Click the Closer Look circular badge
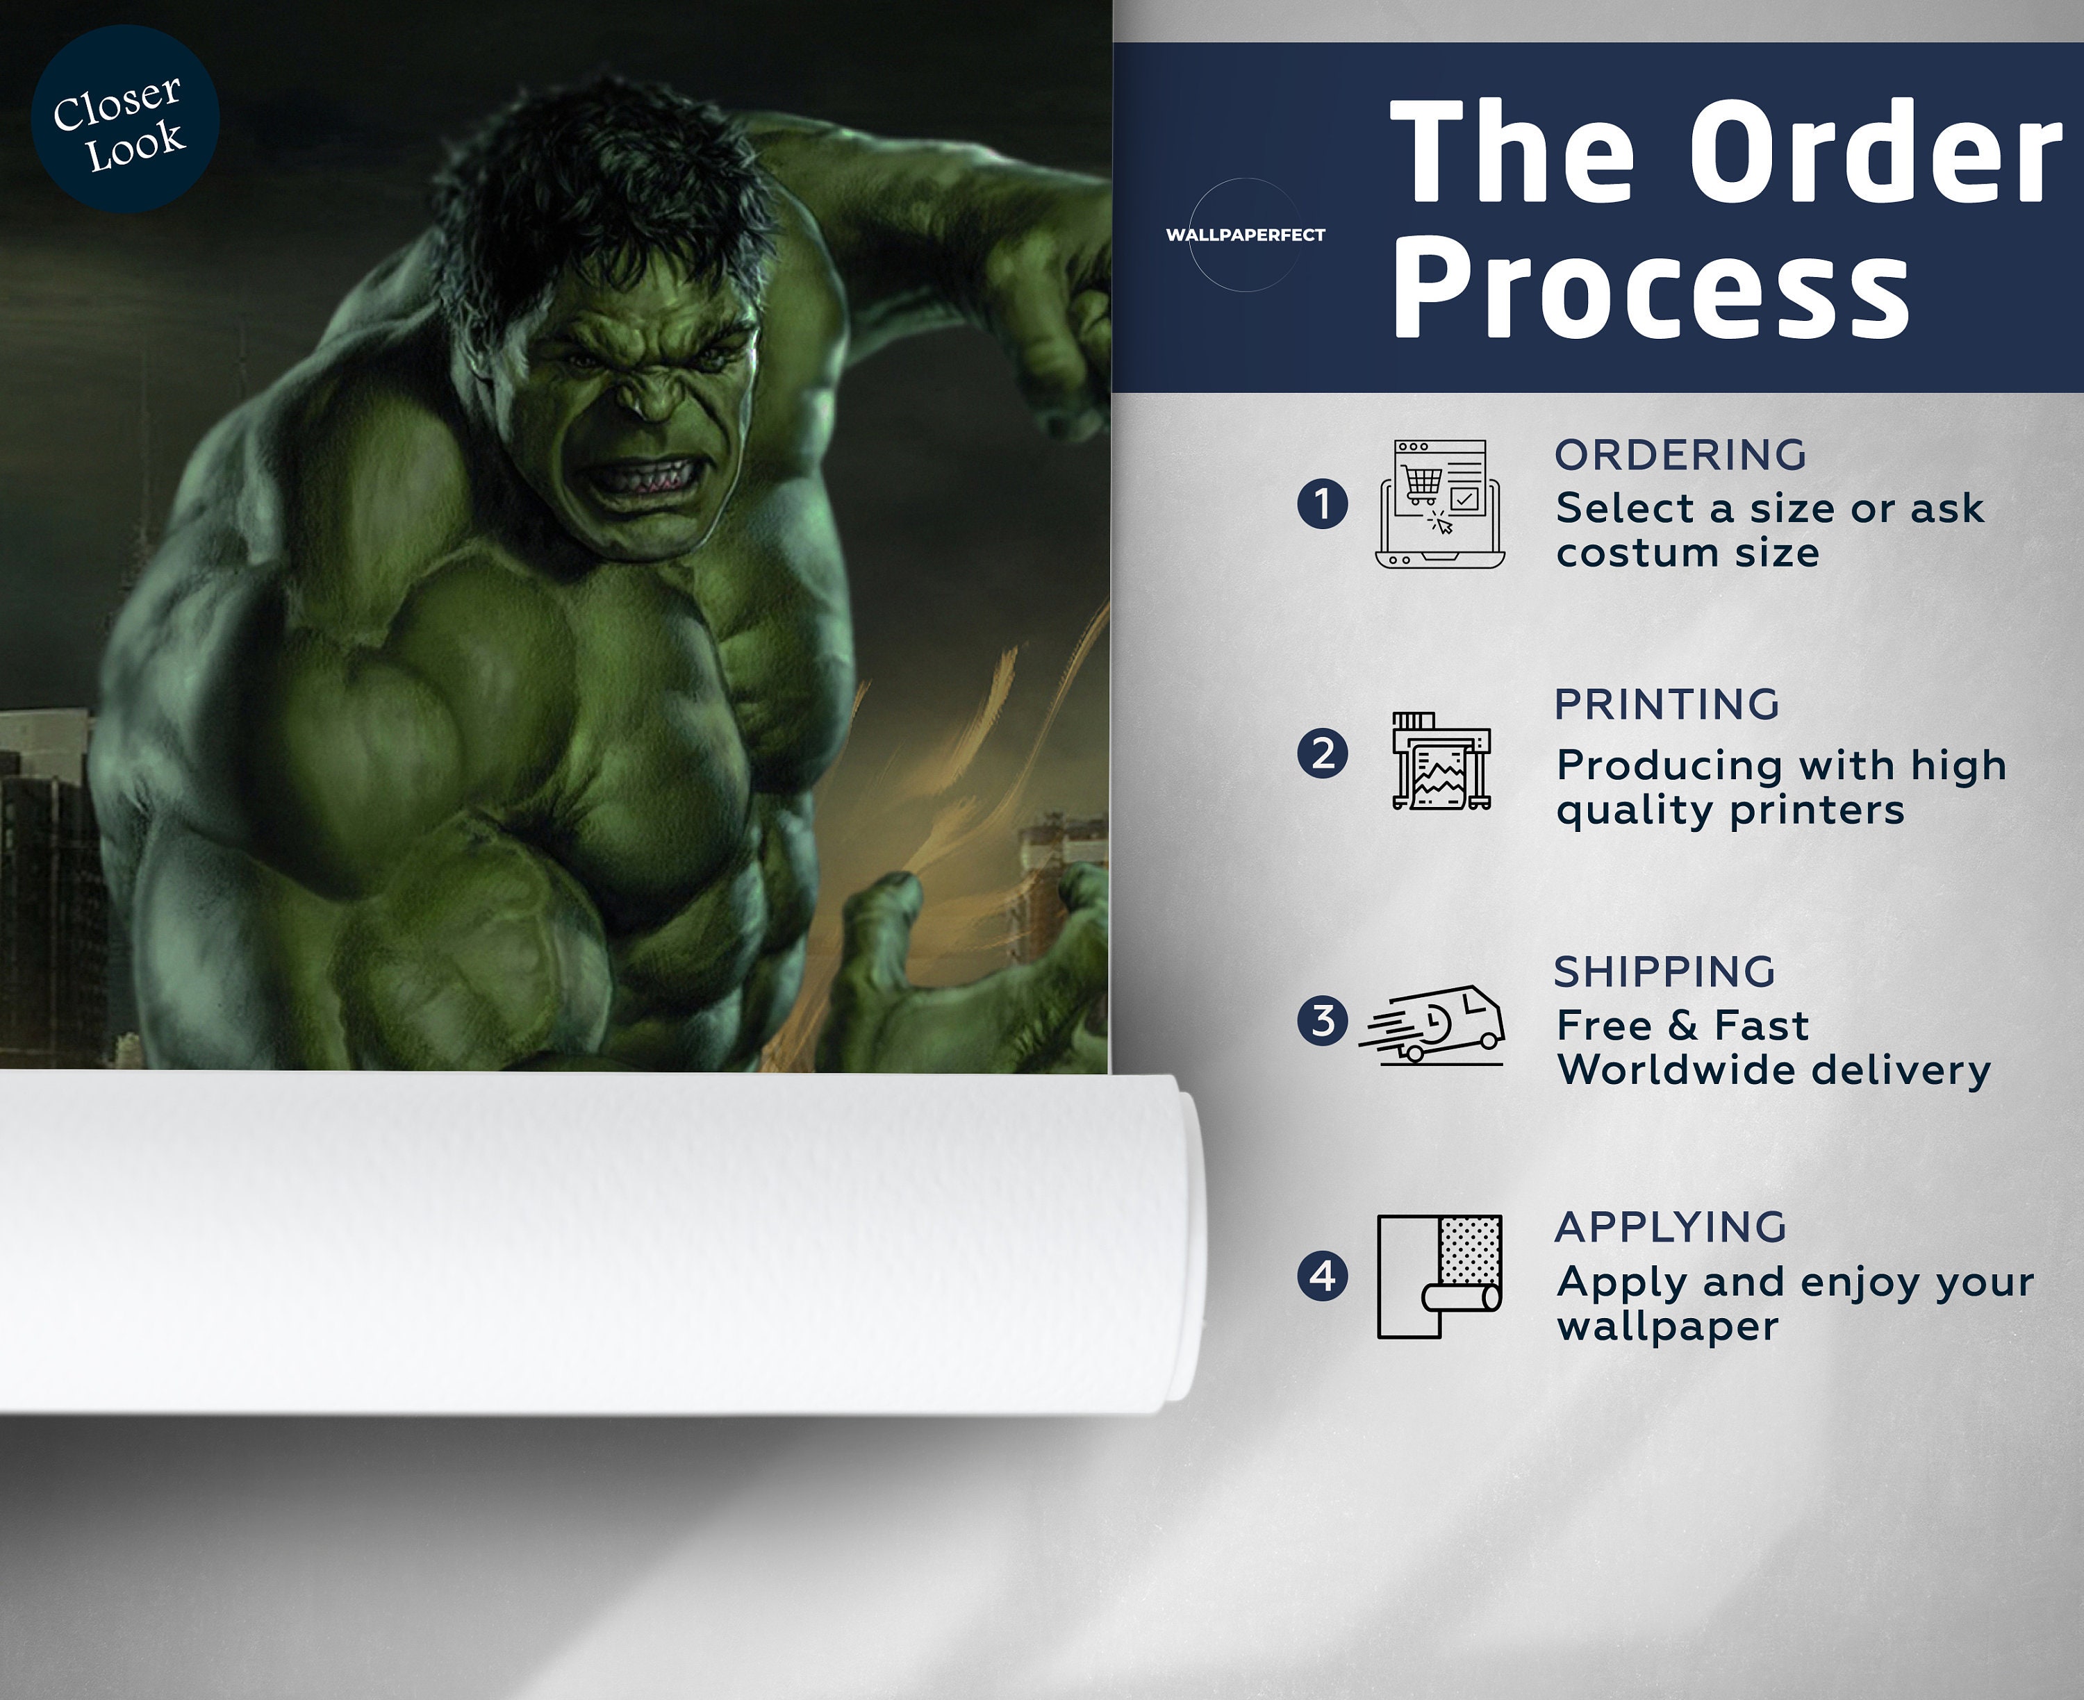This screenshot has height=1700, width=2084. pyautogui.click(x=125, y=119)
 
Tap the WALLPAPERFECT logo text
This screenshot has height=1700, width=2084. pyautogui.click(x=1245, y=235)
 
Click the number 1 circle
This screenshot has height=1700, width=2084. pyautogui.click(x=1322, y=503)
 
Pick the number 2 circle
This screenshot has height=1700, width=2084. pyautogui.click(x=1322, y=754)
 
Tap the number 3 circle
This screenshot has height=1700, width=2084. pyautogui.click(x=1322, y=1020)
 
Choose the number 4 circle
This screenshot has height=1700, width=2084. pyautogui.click(x=1322, y=1276)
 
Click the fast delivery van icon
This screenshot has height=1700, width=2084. pyautogui.click(x=1432, y=1024)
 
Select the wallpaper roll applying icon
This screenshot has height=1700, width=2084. pyautogui.click(x=1439, y=1276)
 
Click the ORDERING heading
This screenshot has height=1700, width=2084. pyautogui.click(x=1680, y=454)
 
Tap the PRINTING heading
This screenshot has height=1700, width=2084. pyautogui.click(x=1667, y=704)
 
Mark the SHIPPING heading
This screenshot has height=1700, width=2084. pyautogui.click(x=1665, y=972)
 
